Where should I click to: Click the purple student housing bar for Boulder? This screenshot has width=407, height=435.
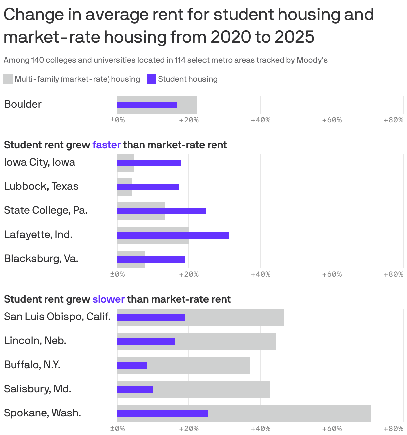pyautogui.click(x=147, y=105)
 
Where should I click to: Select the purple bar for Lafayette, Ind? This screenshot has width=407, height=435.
pyautogui.click(x=173, y=235)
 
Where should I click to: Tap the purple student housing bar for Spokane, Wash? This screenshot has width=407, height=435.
pyautogui.click(x=162, y=414)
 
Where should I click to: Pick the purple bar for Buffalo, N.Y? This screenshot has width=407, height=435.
pyautogui.click(x=132, y=366)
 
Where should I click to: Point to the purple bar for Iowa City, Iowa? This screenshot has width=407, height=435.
pyautogui.click(x=149, y=163)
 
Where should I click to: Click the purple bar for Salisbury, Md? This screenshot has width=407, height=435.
pyautogui.click(x=135, y=390)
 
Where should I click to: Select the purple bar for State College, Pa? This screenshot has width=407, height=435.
pyautogui.click(x=161, y=211)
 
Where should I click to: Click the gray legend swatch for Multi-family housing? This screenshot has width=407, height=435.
pyautogui.click(x=8, y=79)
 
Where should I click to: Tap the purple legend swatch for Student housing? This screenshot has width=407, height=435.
pyautogui.click(x=151, y=79)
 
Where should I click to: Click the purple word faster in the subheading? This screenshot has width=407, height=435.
pyautogui.click(x=106, y=145)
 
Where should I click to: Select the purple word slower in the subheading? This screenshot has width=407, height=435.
pyautogui.click(x=108, y=299)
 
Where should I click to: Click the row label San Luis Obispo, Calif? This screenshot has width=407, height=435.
pyautogui.click(x=57, y=316)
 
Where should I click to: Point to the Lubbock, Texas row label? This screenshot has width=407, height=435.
pyautogui.click(x=41, y=186)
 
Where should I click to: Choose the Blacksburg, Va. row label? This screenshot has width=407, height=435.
pyautogui.click(x=41, y=259)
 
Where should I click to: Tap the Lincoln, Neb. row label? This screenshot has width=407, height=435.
pyautogui.click(x=35, y=341)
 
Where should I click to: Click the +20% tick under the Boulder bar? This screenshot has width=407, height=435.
pyautogui.click(x=189, y=120)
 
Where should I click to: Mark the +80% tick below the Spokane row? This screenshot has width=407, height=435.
pyautogui.click(x=393, y=429)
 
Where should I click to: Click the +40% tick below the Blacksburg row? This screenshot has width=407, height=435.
pyautogui.click(x=260, y=274)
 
